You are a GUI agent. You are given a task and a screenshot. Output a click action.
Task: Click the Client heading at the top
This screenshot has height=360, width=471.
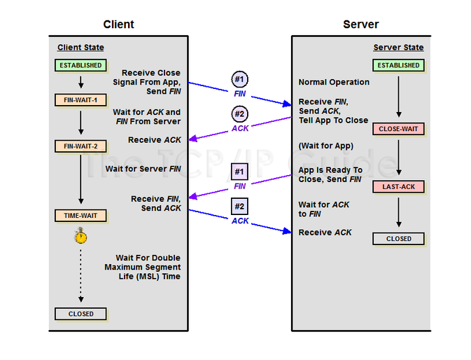[118, 25]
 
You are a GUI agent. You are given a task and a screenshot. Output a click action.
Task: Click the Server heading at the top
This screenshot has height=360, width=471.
[360, 25]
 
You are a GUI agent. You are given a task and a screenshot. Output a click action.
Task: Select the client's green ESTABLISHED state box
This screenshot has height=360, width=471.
[80, 65]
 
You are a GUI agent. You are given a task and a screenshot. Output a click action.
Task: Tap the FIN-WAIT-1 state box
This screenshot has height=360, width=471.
[80, 100]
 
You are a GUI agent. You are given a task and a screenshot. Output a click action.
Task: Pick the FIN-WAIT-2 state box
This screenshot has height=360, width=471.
[80, 146]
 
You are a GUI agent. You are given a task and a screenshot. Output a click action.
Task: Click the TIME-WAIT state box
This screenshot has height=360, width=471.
[80, 216]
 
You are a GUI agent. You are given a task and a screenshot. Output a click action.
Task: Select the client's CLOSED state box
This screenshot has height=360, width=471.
[80, 314]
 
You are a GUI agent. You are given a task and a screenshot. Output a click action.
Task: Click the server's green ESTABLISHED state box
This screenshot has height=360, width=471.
[398, 65]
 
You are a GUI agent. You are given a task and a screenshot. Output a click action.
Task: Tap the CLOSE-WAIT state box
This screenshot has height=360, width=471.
[398, 130]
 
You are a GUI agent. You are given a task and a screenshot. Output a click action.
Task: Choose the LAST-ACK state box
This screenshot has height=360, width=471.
[398, 187]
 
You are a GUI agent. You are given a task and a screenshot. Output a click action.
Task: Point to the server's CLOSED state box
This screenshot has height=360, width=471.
[398, 239]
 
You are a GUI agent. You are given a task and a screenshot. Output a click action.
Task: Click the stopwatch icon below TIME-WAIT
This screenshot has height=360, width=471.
[81, 237]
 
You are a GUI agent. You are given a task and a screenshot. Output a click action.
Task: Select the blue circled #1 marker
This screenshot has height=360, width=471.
[240, 79]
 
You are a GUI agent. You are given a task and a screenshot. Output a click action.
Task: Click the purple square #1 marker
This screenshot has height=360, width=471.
[240, 172]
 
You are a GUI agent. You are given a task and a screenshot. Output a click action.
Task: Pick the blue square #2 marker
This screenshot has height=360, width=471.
[240, 207]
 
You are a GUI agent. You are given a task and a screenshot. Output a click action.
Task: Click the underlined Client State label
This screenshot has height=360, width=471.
[80, 48]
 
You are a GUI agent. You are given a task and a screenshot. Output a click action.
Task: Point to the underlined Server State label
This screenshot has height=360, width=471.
[398, 48]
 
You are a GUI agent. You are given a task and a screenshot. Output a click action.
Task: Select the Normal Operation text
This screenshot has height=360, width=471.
[334, 82]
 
